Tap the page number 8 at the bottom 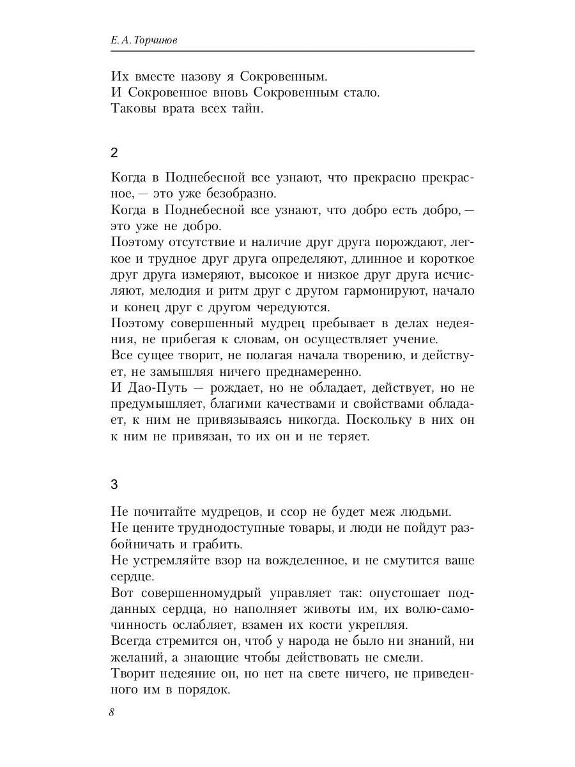pyautogui.click(x=112, y=713)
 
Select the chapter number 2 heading pyautogui.click(x=114, y=153)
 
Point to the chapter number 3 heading pyautogui.click(x=114, y=484)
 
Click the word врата pyautogui.click(x=174, y=109)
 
